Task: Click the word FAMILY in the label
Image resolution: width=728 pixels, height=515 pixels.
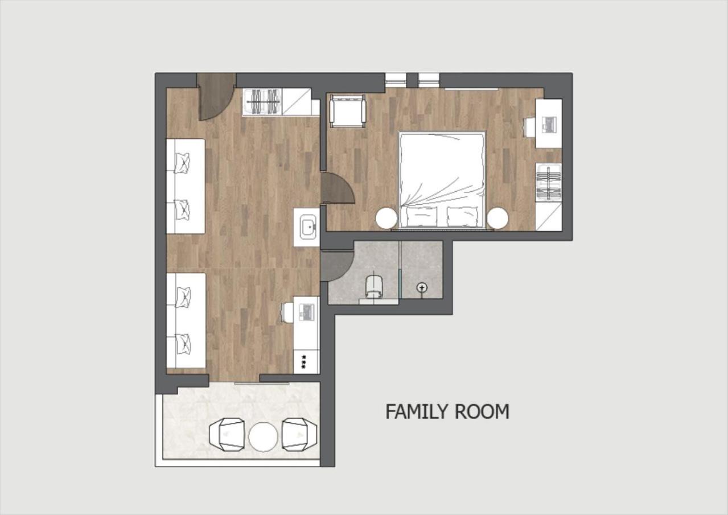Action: click(x=417, y=411)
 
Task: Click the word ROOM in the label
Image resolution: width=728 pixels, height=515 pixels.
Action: click(x=482, y=411)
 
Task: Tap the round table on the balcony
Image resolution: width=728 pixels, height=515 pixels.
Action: click(x=263, y=436)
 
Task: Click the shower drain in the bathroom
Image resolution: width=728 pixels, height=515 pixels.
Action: click(x=422, y=287)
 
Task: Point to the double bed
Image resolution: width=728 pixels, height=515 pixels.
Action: click(x=442, y=180)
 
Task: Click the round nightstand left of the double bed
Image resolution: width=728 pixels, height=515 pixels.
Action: click(x=386, y=219)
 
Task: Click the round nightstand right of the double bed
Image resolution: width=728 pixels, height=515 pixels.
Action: click(x=497, y=219)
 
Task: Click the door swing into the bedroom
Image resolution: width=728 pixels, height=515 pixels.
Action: click(x=337, y=188)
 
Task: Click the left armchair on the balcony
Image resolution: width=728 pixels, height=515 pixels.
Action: click(x=227, y=435)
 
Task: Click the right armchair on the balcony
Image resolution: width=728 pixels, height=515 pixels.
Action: click(x=299, y=435)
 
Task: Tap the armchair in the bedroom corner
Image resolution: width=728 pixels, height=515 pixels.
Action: click(x=347, y=110)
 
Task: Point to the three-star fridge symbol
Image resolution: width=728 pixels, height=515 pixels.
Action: click(x=304, y=362)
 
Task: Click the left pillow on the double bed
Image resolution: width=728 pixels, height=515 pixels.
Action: click(x=421, y=216)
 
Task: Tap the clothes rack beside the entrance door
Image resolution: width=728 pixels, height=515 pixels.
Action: click(x=262, y=102)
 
